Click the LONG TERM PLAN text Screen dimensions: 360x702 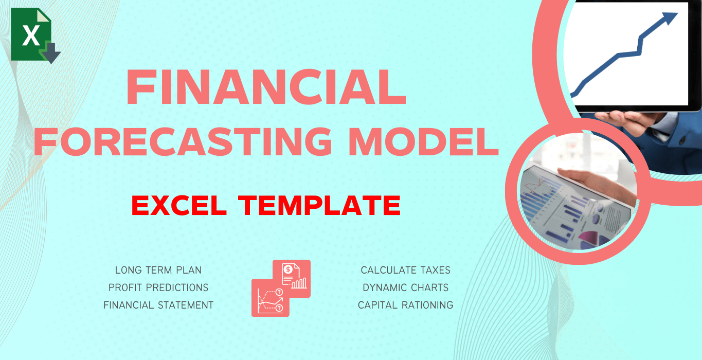[158, 270]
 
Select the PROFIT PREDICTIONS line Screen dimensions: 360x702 [158, 287]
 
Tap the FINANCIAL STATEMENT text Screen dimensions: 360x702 [158, 305]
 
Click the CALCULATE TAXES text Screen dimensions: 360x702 [405, 270]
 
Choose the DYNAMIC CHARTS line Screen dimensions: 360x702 [405, 287]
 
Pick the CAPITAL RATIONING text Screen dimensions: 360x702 [405, 305]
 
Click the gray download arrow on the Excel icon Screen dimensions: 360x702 [52, 53]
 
